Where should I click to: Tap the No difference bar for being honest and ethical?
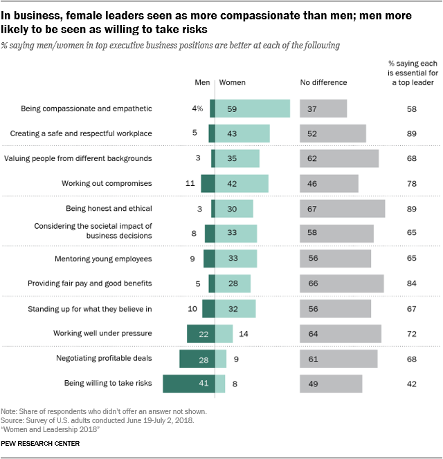342,209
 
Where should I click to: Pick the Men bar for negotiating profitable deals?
197,358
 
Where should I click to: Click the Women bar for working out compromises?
242,183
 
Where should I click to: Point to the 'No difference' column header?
323,83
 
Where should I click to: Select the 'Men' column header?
202,83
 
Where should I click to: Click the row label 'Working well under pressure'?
102,333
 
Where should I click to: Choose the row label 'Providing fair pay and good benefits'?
89,283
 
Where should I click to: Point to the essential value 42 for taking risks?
413,383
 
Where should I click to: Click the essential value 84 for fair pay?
413,283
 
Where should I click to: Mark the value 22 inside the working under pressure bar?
204,333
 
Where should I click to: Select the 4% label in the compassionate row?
197,109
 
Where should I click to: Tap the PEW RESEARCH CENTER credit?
41,443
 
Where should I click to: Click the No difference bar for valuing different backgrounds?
339,158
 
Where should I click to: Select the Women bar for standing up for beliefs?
235,308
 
